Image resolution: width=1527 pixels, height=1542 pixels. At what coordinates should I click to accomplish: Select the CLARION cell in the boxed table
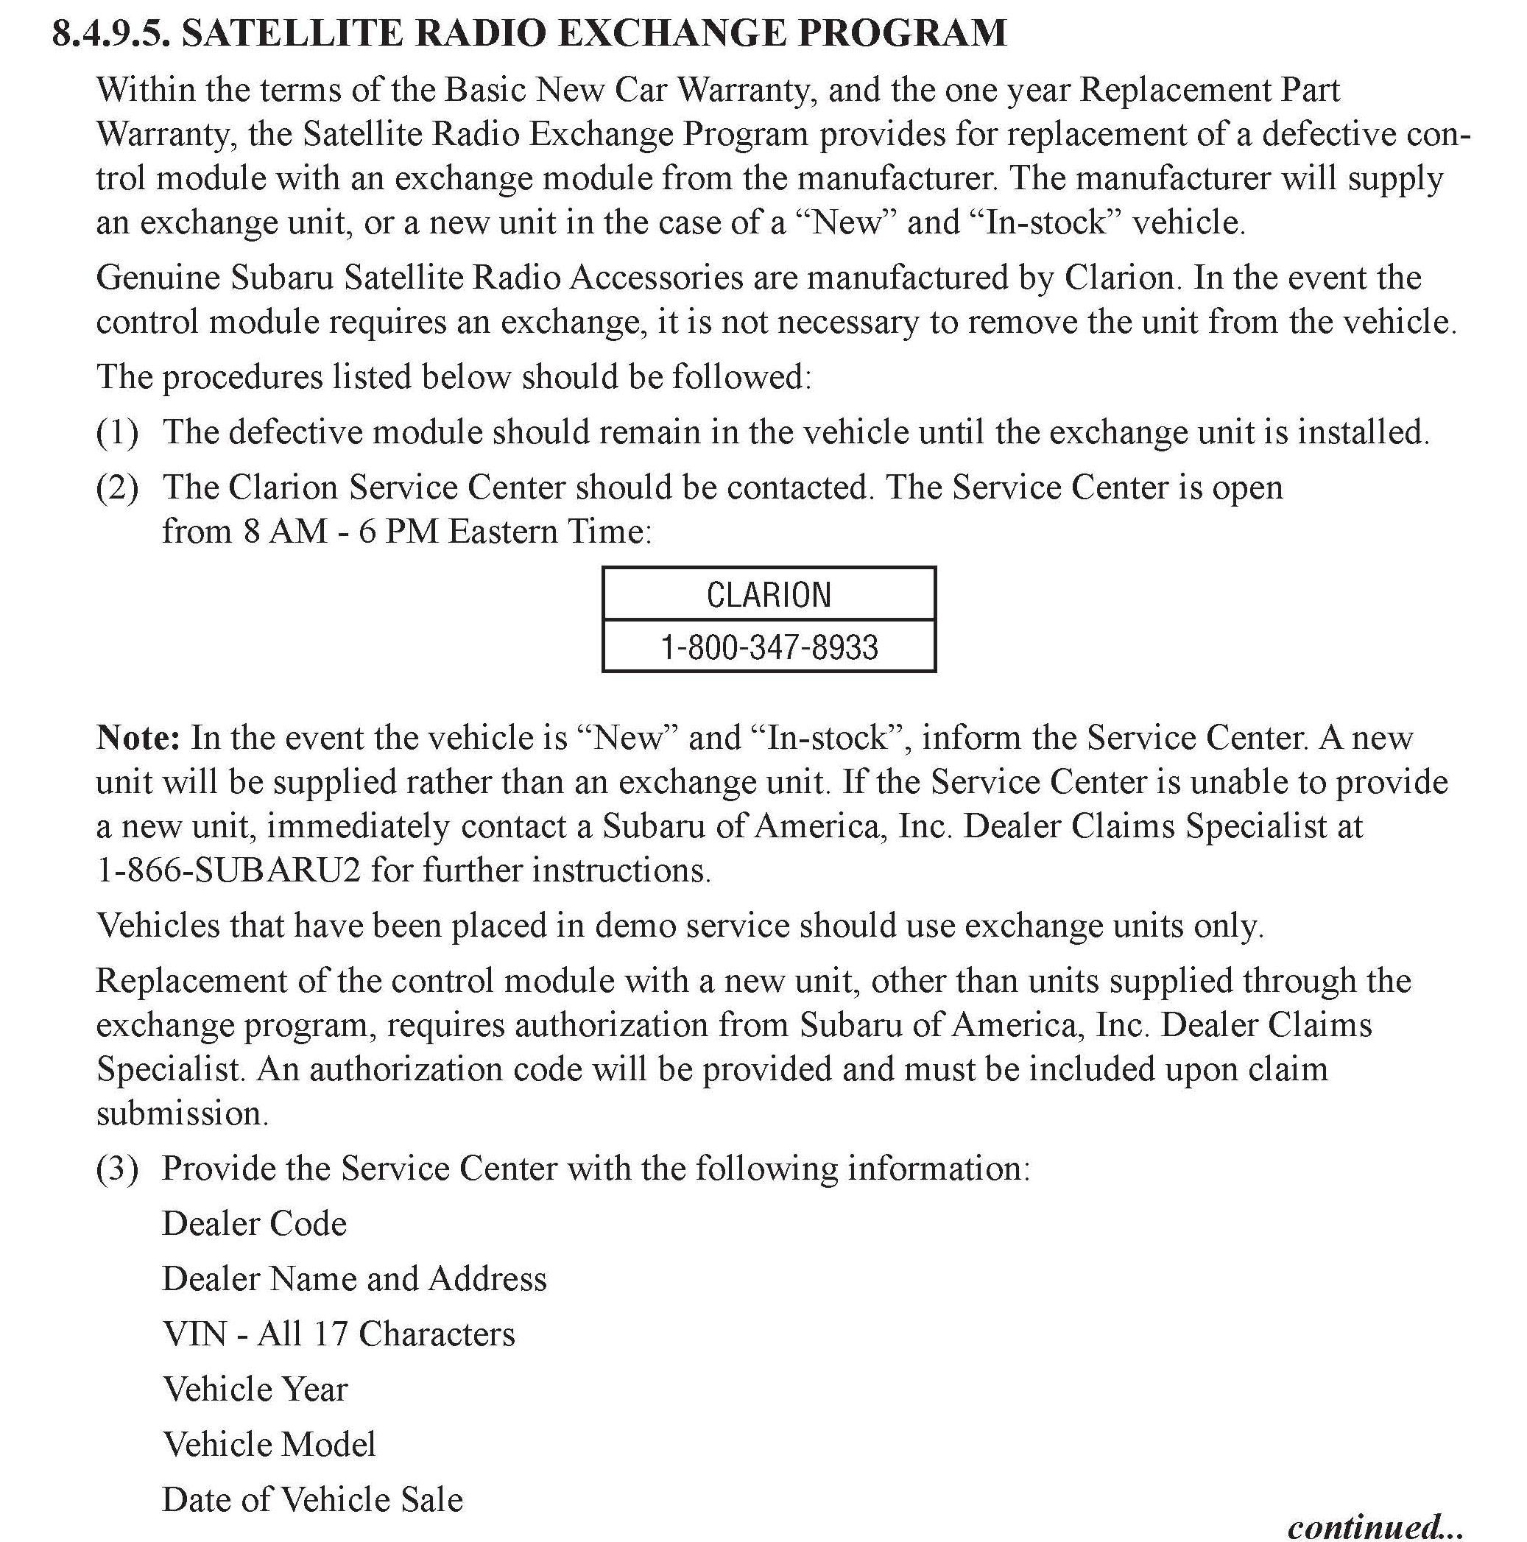769,594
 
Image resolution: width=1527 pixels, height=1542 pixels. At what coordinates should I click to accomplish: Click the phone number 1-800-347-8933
769,647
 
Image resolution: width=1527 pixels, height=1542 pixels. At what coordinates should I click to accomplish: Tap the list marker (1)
117,432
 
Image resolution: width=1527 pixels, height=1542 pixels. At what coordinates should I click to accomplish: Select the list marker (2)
117,487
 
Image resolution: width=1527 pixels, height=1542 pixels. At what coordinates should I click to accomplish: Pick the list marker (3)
117,1169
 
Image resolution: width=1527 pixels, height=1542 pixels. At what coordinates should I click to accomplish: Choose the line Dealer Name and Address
354,1278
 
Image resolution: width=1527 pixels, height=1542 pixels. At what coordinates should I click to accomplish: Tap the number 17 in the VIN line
331,1334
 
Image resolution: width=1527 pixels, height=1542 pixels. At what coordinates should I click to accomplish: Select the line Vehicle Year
255,1389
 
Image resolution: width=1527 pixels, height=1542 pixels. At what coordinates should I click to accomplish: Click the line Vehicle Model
269,1444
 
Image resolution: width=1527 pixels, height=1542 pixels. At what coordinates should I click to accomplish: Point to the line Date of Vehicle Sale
312,1499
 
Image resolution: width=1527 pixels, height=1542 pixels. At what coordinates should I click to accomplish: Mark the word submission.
181,1113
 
